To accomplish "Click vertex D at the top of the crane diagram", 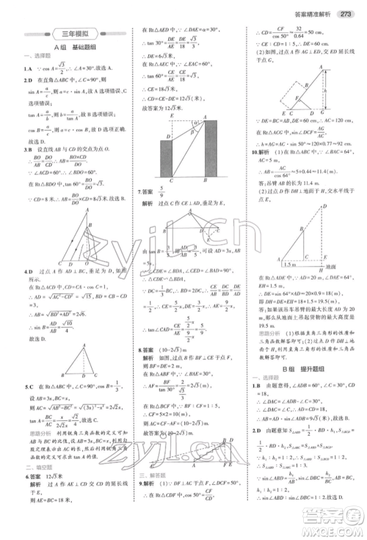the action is coord(325,205).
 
